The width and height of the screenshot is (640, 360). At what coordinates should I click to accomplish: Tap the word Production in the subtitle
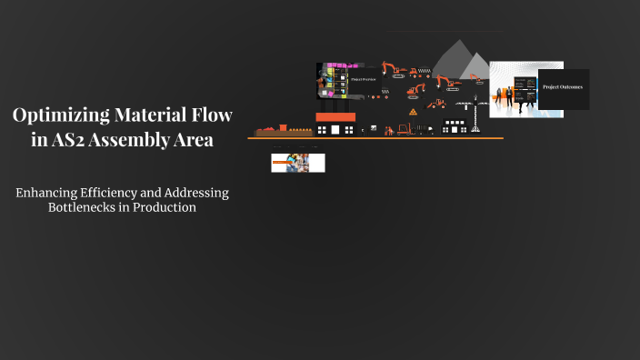[166, 207]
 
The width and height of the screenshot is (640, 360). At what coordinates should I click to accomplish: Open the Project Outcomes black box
[563, 88]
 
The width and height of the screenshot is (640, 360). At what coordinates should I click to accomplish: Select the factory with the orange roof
[335, 125]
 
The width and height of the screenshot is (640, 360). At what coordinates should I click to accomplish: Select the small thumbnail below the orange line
[297, 164]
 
